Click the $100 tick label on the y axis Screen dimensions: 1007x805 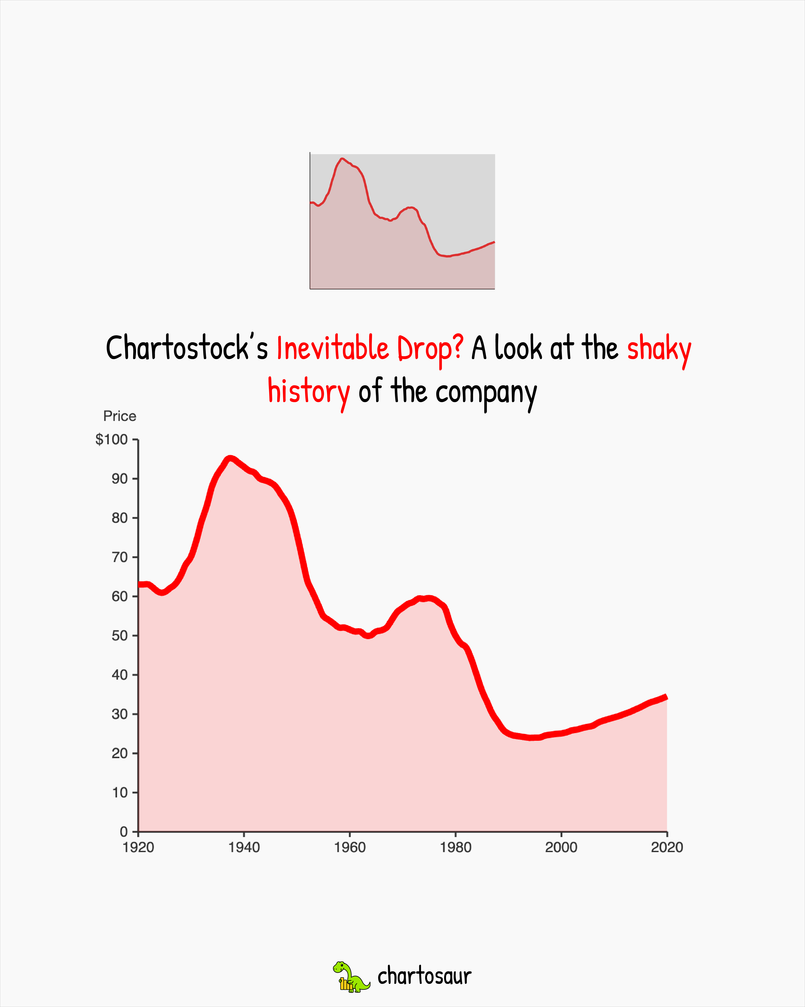point(111,440)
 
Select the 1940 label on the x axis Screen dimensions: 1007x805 point(244,847)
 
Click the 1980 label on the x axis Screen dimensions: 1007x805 point(455,847)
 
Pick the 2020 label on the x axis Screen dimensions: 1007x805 point(667,847)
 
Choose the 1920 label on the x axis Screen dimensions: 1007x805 point(138,847)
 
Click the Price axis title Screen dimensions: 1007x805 point(120,416)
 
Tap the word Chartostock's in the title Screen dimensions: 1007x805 point(187,348)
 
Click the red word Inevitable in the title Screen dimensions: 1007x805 point(332,348)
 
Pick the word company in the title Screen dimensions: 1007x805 point(486,392)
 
